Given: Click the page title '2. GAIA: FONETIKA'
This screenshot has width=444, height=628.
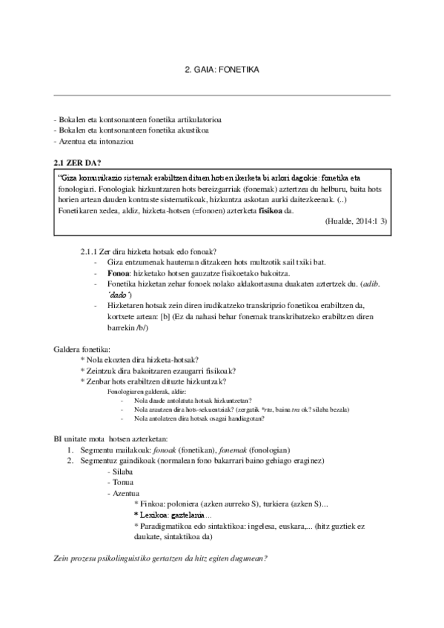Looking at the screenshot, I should coord(222,69).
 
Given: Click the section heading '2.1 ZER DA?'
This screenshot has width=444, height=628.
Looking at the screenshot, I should coord(74,162).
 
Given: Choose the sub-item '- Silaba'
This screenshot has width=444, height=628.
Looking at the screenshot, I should coord(120,471).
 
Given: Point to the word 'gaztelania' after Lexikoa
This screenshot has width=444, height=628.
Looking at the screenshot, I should coord(188,514).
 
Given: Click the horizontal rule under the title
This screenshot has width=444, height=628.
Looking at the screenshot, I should coord(222,95).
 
